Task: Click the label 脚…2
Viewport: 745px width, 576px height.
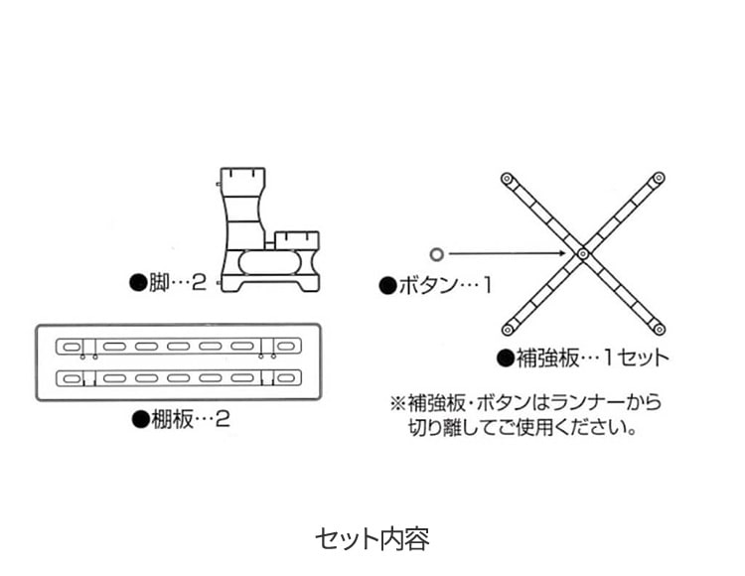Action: coord(178,283)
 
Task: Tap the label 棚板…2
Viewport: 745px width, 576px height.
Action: coord(190,419)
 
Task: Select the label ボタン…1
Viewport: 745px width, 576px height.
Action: coord(445,286)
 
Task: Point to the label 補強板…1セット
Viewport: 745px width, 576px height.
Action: coord(592,358)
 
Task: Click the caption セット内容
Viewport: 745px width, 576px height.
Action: coord(372,539)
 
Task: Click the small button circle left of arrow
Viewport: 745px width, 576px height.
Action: coord(437,254)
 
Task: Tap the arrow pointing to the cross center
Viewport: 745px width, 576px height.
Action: coord(507,253)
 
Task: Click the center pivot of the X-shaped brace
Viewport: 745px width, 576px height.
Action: coord(583,254)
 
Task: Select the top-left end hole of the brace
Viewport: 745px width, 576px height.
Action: coord(508,179)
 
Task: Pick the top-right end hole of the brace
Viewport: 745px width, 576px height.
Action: coord(659,178)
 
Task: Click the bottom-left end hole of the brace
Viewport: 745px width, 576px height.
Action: coord(508,329)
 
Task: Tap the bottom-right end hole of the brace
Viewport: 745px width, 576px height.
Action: coord(659,329)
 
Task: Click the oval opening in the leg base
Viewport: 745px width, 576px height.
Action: coord(269,262)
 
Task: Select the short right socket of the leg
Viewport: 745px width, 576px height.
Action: coord(297,240)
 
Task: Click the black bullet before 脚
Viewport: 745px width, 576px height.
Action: coord(138,283)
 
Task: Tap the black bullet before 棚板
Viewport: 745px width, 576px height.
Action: coord(140,419)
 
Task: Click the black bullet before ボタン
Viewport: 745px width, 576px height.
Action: coord(388,286)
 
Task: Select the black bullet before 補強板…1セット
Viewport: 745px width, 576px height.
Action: coord(506,359)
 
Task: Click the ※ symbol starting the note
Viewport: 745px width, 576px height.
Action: coord(397,403)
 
